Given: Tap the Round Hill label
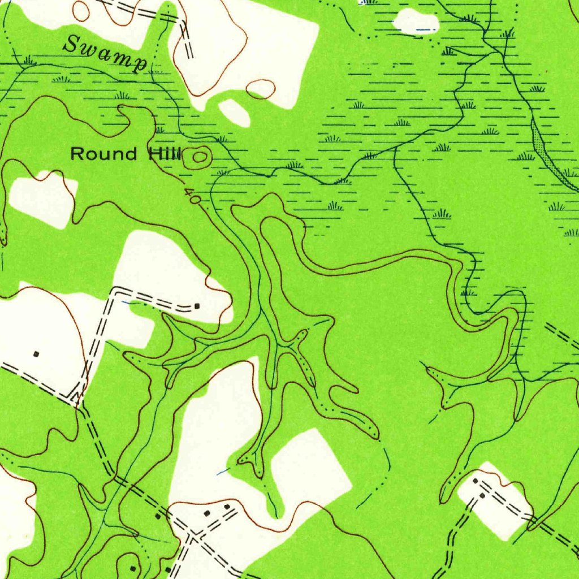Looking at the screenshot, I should (x=125, y=154).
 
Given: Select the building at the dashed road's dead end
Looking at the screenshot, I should (x=197, y=306).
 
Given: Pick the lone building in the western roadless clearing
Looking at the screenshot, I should (x=37, y=355).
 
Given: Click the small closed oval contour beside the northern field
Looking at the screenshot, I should (x=261, y=89).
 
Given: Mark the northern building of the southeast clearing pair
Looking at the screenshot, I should (x=476, y=481).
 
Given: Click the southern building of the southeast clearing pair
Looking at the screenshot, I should (x=482, y=495).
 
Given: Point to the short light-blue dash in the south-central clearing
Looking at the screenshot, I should (x=223, y=470).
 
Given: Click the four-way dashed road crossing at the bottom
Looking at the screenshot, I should (x=192, y=533).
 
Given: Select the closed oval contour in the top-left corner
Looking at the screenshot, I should (x=81, y=10).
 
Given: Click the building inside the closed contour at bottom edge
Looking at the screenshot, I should (x=133, y=568).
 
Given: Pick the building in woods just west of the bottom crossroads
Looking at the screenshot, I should (x=158, y=516).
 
